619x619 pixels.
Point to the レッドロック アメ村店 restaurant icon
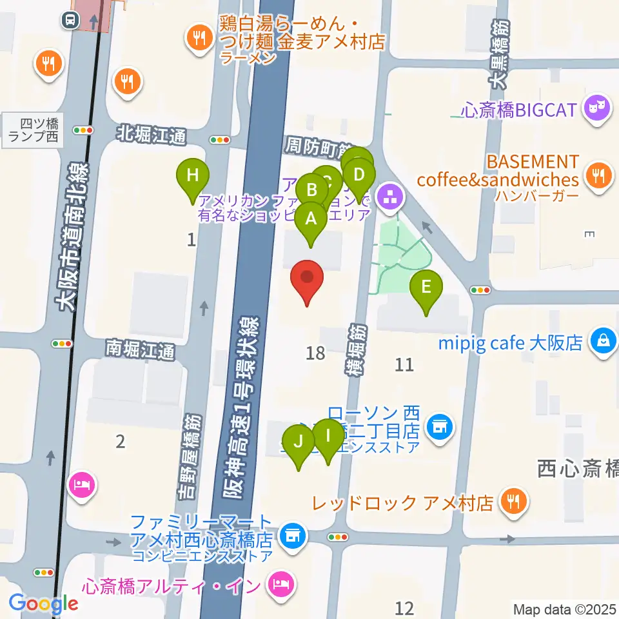pos(514,502)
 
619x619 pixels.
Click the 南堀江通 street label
pos(140,351)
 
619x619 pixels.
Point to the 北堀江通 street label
pos(152,135)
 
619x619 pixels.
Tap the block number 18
pos(316,353)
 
